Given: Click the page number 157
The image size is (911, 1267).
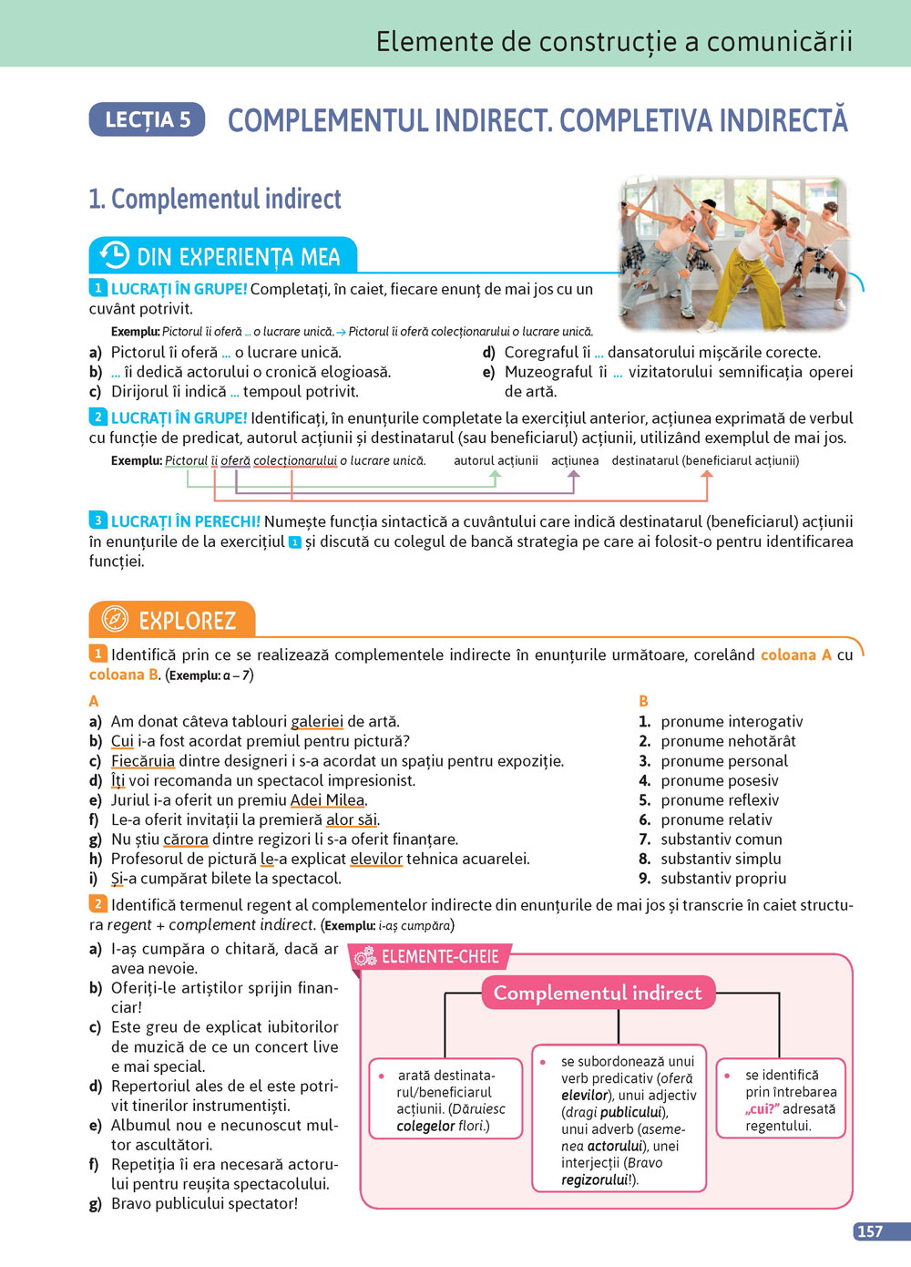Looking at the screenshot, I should (x=870, y=1231).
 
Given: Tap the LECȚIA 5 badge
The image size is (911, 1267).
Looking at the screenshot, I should (x=148, y=119).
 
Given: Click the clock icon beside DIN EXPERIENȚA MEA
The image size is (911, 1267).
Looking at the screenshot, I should (x=114, y=255).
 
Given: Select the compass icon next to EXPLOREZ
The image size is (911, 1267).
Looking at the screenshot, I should (x=114, y=619).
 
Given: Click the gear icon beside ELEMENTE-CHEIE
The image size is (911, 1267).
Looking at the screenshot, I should (x=364, y=956).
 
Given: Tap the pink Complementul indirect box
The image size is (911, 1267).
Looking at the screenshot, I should (x=598, y=993).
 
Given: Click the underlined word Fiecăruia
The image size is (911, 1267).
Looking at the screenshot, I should (x=143, y=761).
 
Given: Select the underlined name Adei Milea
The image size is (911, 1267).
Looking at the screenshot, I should (x=328, y=800).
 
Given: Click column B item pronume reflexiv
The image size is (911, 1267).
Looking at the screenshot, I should (x=720, y=800).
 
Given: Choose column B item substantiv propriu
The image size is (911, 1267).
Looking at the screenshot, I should (x=723, y=879).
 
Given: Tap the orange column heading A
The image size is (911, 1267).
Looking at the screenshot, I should (x=94, y=701).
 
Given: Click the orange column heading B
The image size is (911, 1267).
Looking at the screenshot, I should (x=644, y=701).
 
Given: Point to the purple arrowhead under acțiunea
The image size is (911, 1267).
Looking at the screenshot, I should (x=574, y=475).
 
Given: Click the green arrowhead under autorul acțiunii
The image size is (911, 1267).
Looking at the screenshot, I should (x=496, y=475).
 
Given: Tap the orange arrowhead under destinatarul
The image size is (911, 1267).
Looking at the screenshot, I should (x=706, y=475).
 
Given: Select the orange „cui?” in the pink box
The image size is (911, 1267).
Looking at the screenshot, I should (x=762, y=1109).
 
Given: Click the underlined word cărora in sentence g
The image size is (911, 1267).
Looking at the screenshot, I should (x=186, y=840).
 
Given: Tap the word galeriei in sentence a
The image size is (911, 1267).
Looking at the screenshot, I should (x=317, y=722).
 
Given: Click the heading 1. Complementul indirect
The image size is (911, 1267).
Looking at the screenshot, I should (x=215, y=199).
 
